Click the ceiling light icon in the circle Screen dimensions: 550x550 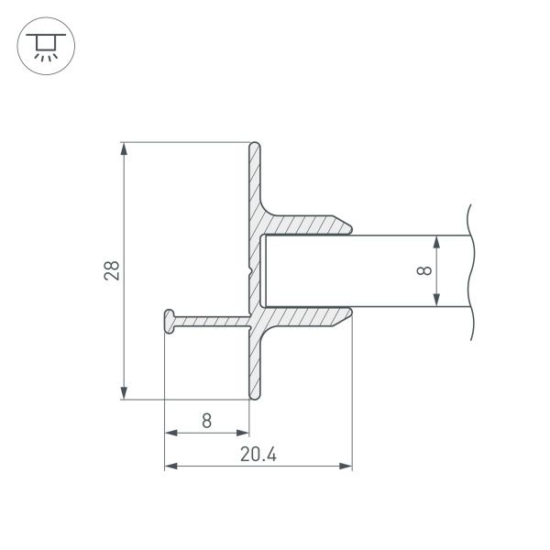point(42,43)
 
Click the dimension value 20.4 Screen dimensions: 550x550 point(258,454)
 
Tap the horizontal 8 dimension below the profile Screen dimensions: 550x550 point(206,421)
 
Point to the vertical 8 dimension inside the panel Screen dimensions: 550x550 point(423,270)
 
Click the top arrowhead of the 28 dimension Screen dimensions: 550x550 point(124,148)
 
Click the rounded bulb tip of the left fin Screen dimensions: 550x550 point(169,320)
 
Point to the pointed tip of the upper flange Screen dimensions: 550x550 point(353,225)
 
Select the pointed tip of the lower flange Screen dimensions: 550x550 point(353,315)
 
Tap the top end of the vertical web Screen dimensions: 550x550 point(256,145)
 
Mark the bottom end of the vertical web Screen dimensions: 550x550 point(256,398)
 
